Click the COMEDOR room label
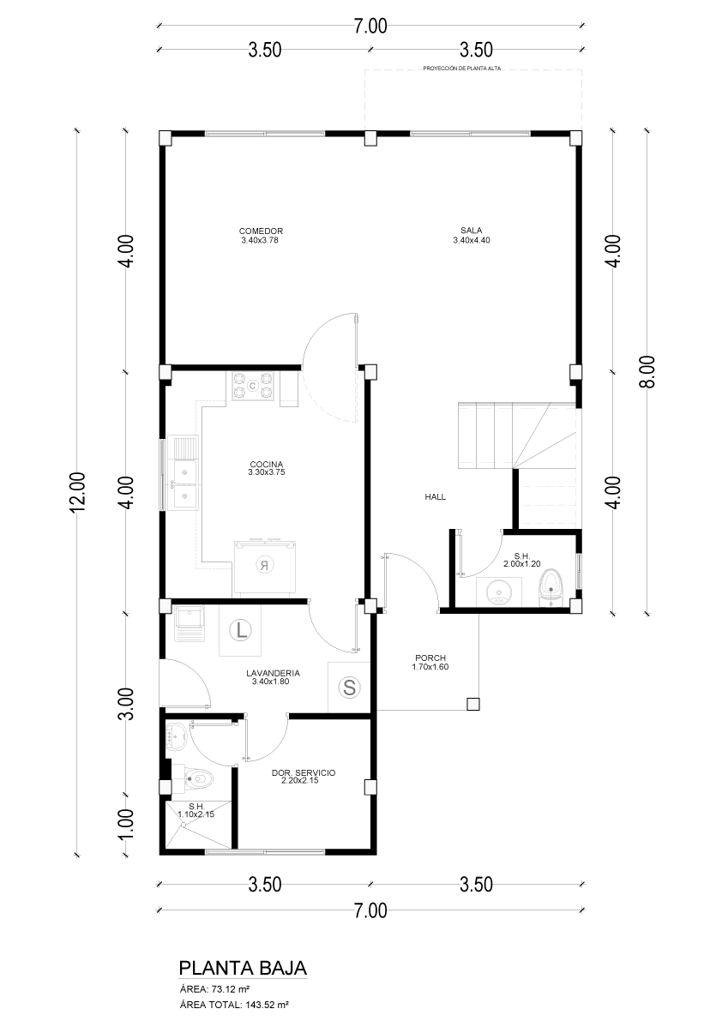point(261,231)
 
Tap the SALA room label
point(471,231)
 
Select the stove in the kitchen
point(253,385)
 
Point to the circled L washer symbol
point(240,630)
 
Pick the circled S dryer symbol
point(350,688)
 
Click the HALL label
point(435,497)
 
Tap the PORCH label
point(430,658)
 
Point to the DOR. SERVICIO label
point(304,773)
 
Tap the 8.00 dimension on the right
point(647,372)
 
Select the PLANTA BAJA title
point(242,967)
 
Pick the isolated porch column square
point(473,704)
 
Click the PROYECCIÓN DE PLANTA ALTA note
point(461,67)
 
